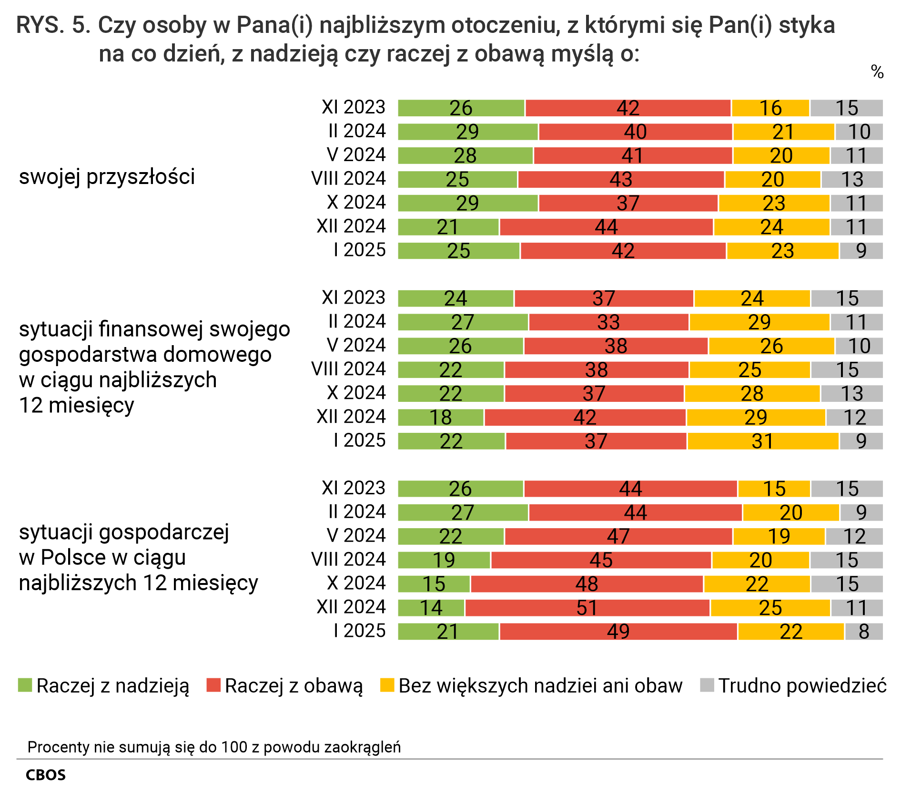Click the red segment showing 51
[587, 608]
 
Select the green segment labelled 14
[431, 608]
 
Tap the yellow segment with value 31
[762, 441]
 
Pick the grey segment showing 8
[863, 632]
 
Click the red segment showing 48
[587, 584]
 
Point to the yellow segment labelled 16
[770, 108]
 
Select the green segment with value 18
[441, 417]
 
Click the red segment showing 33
[608, 322]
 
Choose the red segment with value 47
[618, 536]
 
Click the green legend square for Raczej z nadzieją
[25, 685]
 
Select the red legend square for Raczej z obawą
[213, 685]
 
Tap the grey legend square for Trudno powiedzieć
[707, 685]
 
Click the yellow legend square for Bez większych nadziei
[387, 685]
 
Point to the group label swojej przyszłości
[107, 177]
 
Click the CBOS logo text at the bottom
[46, 775]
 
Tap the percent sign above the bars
[877, 72]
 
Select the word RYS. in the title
[40, 25]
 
